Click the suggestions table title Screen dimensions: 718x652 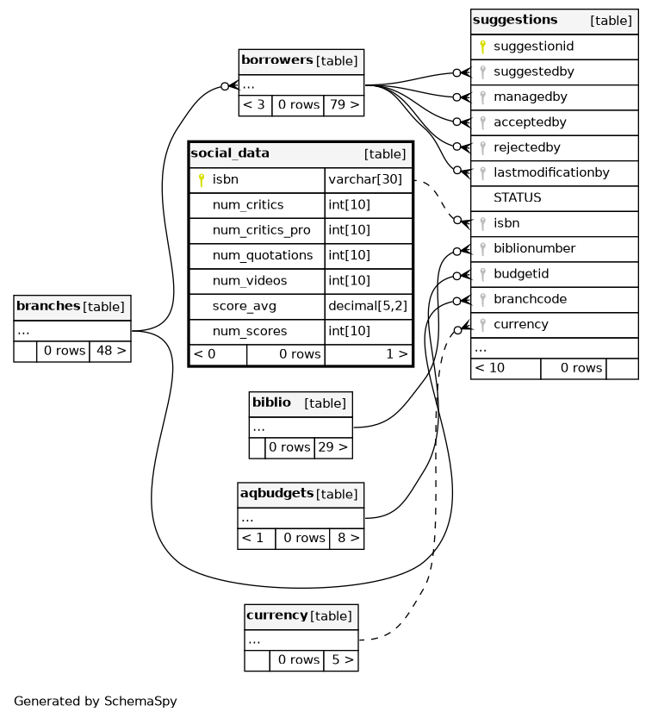[515, 21]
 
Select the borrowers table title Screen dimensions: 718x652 [276, 60]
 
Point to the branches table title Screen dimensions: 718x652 [48, 306]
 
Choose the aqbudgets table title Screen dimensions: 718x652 [276, 494]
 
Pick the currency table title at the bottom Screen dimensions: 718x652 [276, 615]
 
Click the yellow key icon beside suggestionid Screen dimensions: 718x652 [483, 47]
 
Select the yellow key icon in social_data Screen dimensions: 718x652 [202, 180]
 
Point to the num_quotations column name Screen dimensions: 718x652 [262, 255]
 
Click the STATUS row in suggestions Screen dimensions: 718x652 [517, 198]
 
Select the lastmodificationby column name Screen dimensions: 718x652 [551, 172]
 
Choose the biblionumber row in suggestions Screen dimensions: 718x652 [534, 248]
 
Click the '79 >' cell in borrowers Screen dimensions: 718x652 [343, 105]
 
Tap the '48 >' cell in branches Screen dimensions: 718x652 [109, 352]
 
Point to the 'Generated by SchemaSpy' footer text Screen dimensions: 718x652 [96, 702]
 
